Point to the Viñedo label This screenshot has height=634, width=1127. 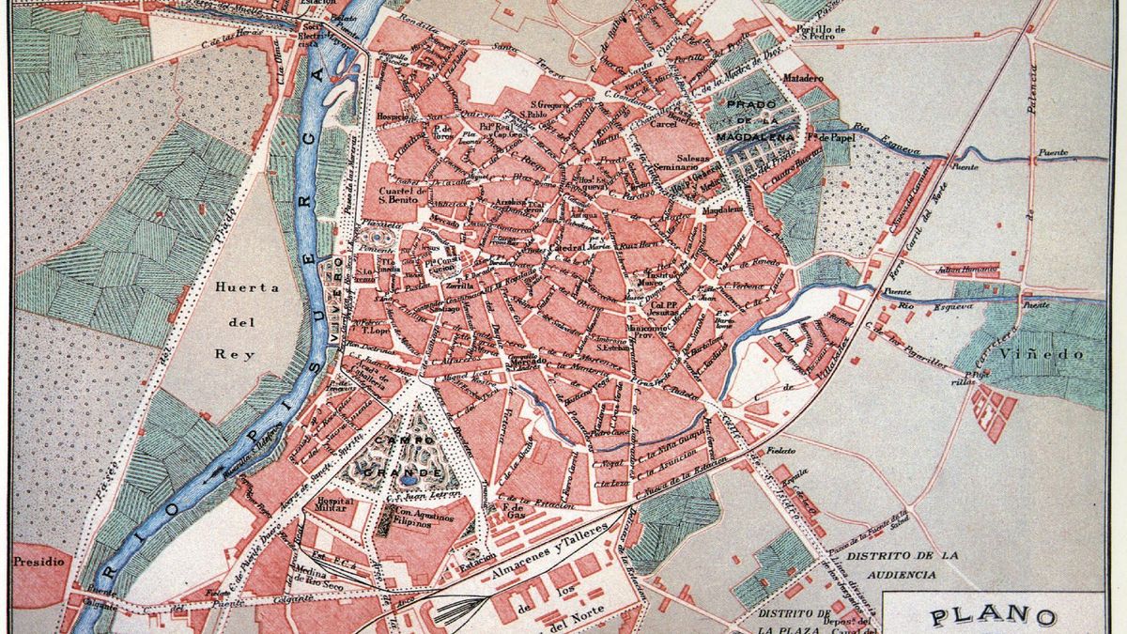click(x=1056, y=354)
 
